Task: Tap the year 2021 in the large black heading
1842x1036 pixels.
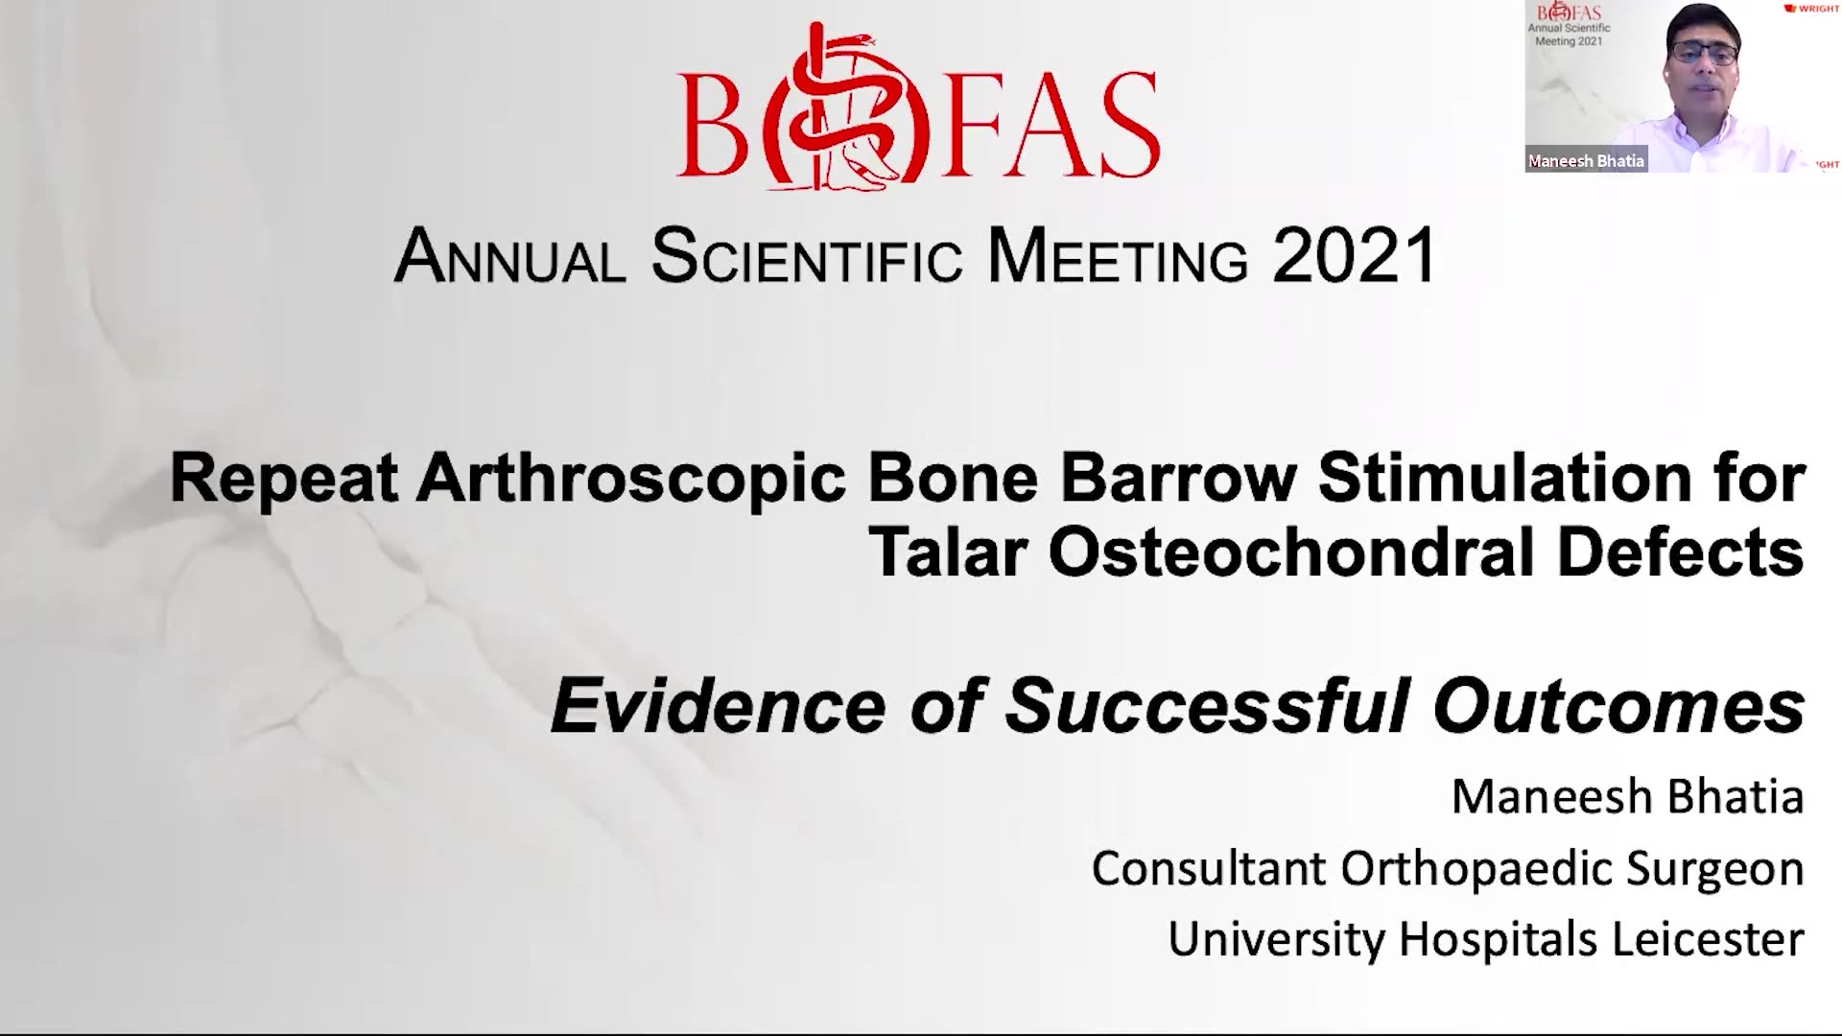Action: [x=1355, y=255]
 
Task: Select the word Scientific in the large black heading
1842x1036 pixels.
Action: [x=807, y=255]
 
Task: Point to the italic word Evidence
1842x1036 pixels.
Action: [x=719, y=706]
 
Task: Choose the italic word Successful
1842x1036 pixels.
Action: [x=1208, y=706]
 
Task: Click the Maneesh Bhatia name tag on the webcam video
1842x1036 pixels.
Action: [x=1587, y=161]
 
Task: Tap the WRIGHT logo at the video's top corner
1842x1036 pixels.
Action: [x=1811, y=9]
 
